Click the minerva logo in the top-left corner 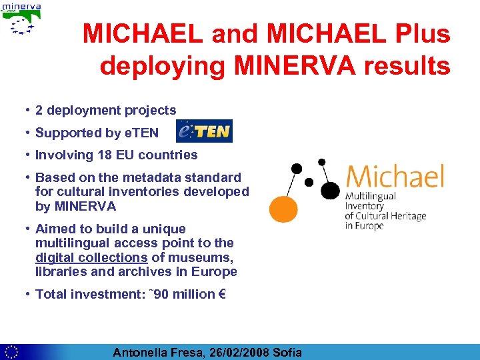point(23,19)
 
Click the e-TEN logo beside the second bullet point(204,131)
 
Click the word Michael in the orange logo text point(394,177)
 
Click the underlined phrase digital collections point(91,257)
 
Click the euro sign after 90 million point(222,294)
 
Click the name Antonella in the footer point(141,353)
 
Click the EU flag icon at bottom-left point(11,352)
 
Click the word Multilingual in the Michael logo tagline point(370,197)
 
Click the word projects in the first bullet point(152,111)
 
